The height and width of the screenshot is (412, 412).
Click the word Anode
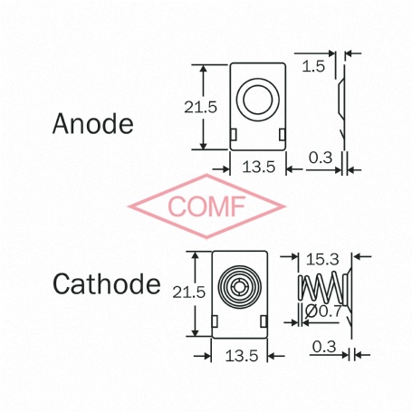point(93,123)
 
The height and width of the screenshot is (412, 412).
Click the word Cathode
point(107,283)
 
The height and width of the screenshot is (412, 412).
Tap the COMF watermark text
point(206,206)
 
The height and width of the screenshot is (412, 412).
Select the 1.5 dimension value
point(313,66)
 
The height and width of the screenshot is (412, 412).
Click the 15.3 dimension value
point(322,260)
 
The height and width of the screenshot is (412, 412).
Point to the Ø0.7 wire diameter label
point(323,311)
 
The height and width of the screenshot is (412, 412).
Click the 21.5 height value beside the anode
point(201,107)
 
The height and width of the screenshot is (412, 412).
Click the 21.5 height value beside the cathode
point(189,292)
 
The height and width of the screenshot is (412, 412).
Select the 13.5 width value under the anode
point(259,167)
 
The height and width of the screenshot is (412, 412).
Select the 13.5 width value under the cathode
point(242,356)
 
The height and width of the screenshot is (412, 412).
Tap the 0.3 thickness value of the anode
point(321,158)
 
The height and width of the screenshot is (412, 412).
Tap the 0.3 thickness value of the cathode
point(324,347)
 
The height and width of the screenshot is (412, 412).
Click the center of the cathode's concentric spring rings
point(240,286)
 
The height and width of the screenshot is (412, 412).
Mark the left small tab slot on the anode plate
point(234,135)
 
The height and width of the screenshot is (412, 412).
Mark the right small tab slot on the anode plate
point(283,135)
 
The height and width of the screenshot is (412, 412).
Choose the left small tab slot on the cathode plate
point(215,321)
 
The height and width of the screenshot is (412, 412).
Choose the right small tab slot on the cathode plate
point(263,321)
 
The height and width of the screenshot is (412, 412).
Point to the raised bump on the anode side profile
point(341,97)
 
